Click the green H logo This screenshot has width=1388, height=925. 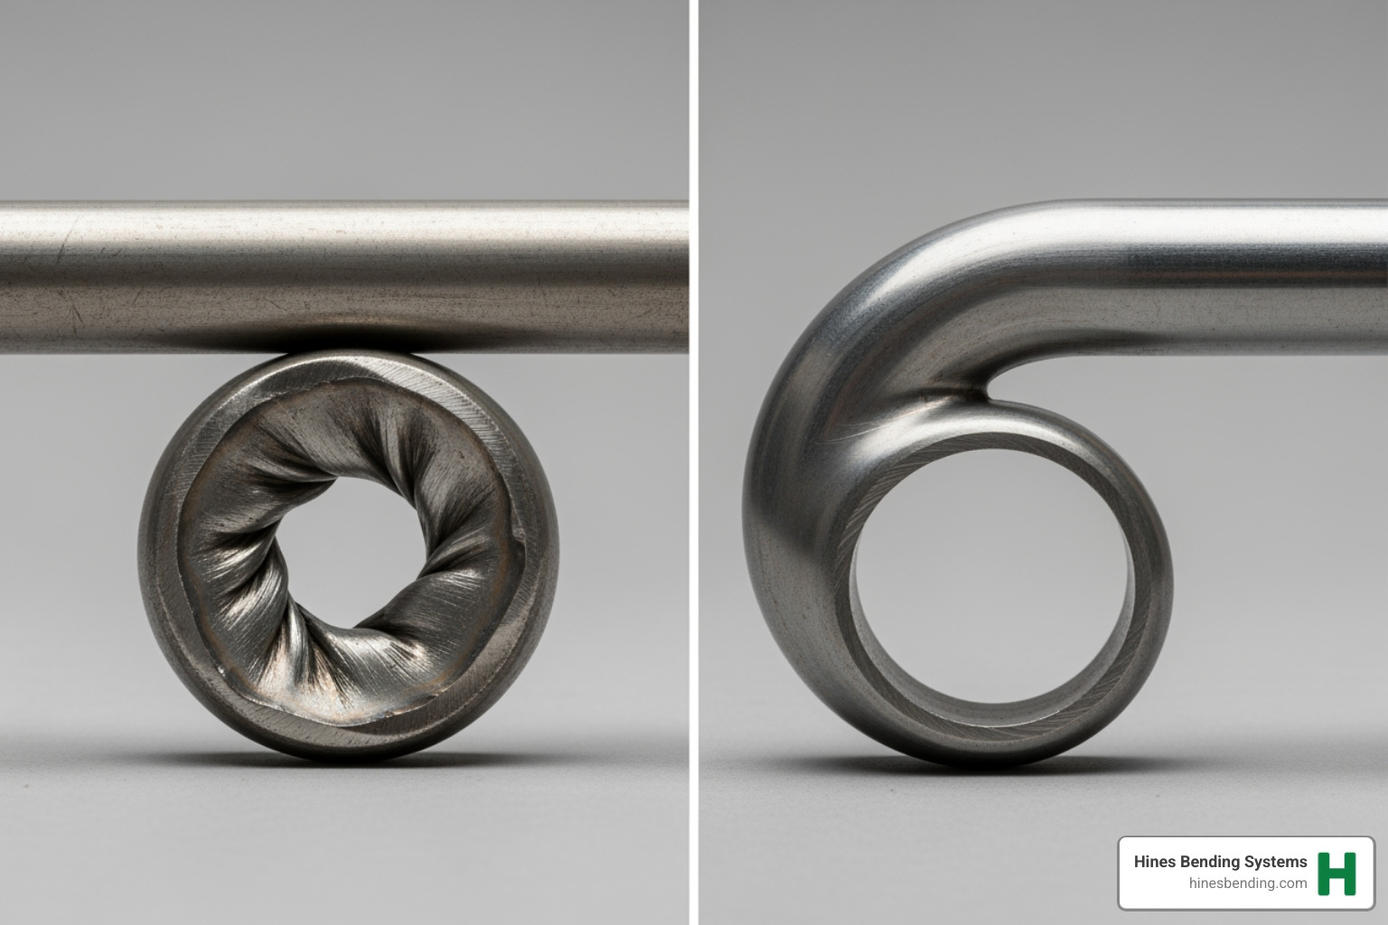1337,874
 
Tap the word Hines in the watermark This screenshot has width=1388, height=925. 1153,862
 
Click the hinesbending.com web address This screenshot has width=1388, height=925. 1248,883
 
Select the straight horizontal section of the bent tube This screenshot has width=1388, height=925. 1220,271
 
